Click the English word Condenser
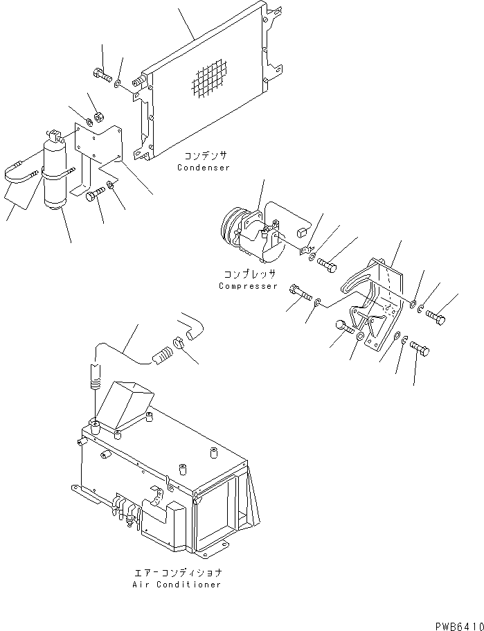pyautogui.click(x=203, y=168)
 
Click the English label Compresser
pyautogui.click(x=248, y=286)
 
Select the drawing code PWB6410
pyautogui.click(x=459, y=625)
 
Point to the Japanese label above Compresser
pyautogui.click(x=248, y=274)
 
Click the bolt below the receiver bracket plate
pyautogui.click(x=93, y=197)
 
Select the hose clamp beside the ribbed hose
pyautogui.click(x=177, y=341)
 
